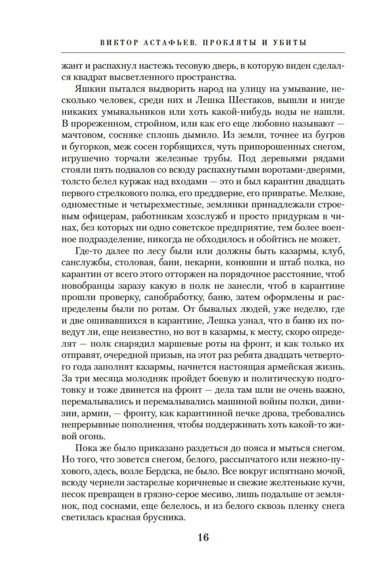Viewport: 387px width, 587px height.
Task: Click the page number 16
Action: click(203, 537)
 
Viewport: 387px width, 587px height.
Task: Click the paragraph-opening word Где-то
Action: click(89, 251)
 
